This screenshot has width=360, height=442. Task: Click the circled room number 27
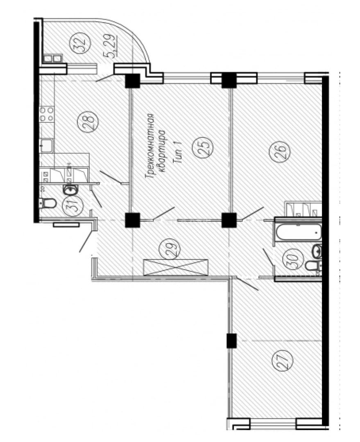click(x=282, y=360)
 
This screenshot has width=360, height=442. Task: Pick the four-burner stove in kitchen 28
click(x=47, y=114)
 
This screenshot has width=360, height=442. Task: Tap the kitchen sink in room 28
click(x=47, y=146)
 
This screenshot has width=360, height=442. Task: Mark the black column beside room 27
click(x=232, y=341)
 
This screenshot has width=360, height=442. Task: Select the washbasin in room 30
click(x=317, y=251)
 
